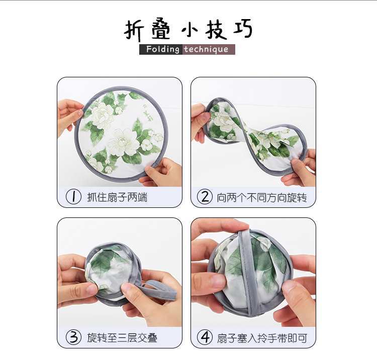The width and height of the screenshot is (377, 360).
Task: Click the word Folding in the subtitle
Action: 162,49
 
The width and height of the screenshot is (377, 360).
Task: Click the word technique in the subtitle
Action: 206,50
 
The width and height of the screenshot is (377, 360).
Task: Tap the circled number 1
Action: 73,197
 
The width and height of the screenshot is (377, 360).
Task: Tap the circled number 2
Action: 205,197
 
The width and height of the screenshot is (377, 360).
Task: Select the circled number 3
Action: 73,337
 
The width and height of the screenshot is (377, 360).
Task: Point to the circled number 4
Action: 205,337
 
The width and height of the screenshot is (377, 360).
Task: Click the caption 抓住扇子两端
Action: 117,197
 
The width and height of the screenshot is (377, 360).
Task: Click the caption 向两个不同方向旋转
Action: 262,198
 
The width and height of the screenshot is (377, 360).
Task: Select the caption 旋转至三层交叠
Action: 122,338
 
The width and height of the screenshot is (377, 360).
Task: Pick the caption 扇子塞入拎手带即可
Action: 262,338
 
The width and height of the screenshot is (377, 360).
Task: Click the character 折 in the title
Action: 134,30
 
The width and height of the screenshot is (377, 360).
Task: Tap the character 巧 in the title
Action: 243,28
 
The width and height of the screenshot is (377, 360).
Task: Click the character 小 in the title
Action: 189,31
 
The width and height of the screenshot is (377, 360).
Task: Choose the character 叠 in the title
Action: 161,29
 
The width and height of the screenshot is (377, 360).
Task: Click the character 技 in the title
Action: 216,30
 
